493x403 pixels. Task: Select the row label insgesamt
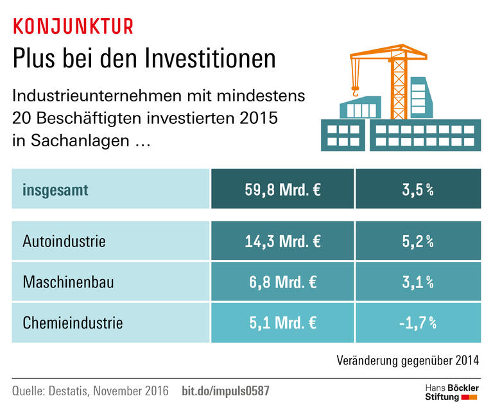[55, 190]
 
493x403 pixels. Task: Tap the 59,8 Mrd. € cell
[282, 190]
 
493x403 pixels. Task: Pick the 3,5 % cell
[417, 190]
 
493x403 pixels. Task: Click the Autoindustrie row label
[64, 242]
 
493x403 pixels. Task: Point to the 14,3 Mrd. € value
[282, 242]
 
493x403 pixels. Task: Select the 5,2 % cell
[417, 242]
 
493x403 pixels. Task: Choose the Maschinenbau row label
[68, 282]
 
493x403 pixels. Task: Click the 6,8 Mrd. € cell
[282, 282]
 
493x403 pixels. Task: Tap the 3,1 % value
[417, 282]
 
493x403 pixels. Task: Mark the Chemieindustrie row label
[73, 322]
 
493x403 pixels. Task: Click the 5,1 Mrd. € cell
[282, 322]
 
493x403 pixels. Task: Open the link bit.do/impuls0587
[225, 390]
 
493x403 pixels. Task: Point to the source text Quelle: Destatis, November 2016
[91, 390]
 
